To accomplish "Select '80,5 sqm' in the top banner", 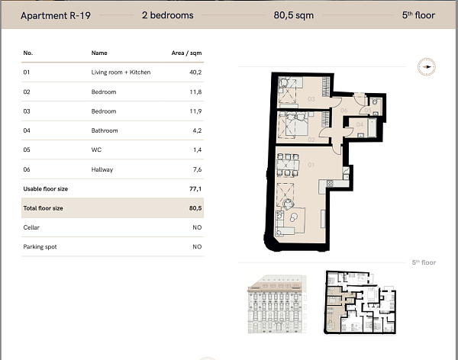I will [294, 15].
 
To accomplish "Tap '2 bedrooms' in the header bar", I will [168, 15].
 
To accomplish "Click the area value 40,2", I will [195, 72].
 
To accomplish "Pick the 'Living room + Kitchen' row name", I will [121, 72].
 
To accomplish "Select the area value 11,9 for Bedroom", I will [195, 111].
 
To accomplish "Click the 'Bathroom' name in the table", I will [105, 130].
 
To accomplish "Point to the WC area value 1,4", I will [196, 150].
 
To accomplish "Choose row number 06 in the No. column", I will [28, 169].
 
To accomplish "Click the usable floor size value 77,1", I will [195, 188].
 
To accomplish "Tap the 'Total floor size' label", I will [44, 207].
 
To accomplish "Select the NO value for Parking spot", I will [197, 247].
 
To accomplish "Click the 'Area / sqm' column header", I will [187, 53].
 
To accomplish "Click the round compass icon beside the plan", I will [425, 68].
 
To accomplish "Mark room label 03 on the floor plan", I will [311, 99].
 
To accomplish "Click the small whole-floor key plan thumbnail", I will [359, 304].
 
